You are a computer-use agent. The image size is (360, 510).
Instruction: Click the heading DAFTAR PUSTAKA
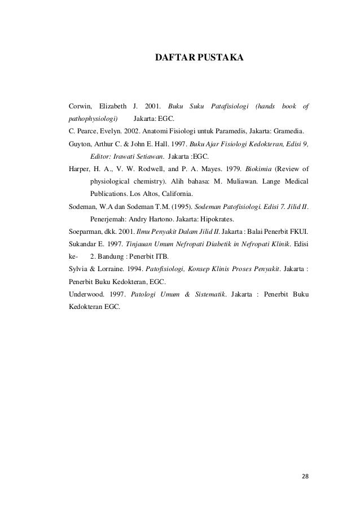(199, 58)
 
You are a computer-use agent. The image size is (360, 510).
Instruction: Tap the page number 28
(305, 477)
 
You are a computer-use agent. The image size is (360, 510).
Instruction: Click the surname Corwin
(80, 106)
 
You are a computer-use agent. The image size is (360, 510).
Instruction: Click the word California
(173, 194)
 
